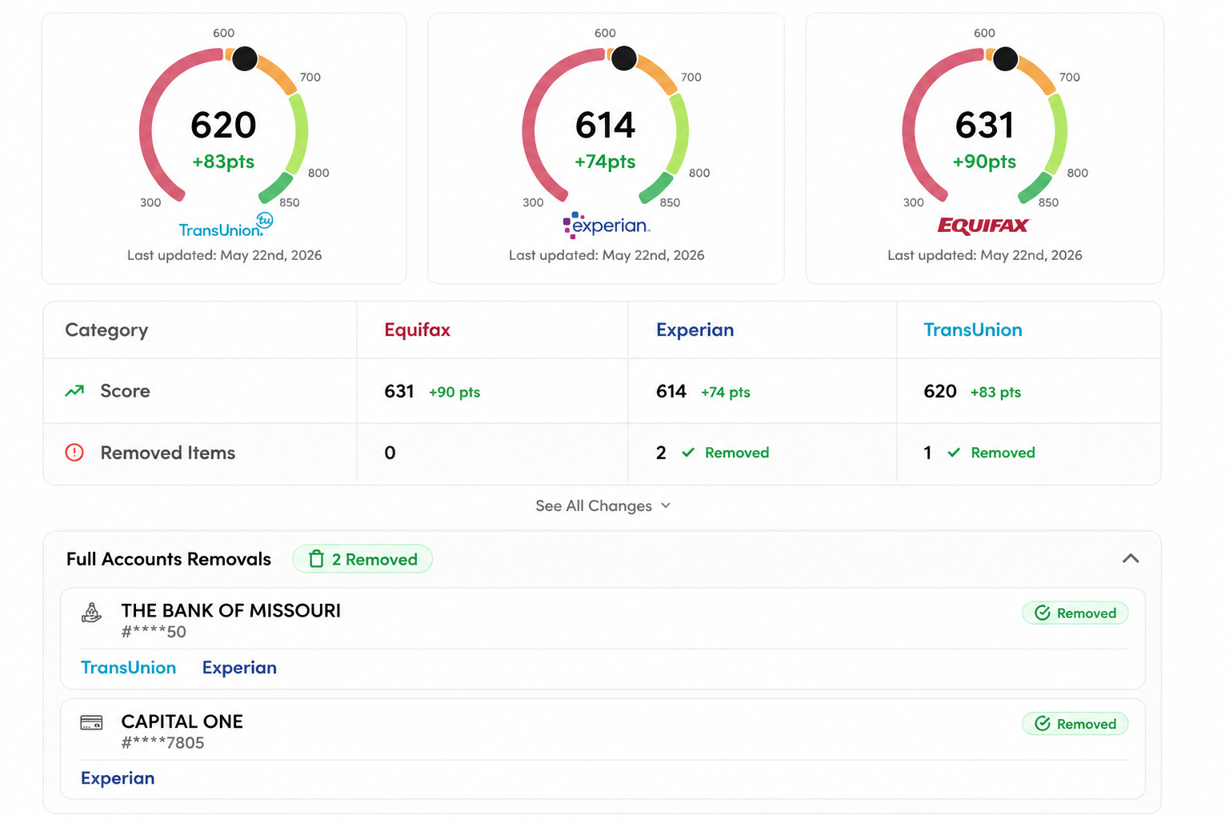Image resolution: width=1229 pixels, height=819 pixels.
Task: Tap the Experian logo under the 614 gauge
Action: coord(606,226)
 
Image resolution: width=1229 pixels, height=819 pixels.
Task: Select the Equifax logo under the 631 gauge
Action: coord(983,226)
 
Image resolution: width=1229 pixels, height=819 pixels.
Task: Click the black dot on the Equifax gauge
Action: coord(1005,58)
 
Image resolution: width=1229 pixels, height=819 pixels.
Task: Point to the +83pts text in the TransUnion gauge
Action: coord(223,162)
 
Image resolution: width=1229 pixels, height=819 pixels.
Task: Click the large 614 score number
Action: coord(605,125)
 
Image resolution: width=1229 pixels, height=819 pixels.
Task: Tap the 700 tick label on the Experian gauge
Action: coord(691,78)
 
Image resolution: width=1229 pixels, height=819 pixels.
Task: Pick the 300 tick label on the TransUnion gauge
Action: coord(150,202)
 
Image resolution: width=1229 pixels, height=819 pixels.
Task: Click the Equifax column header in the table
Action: coord(417,330)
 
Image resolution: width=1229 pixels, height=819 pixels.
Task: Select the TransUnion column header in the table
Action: coord(973,330)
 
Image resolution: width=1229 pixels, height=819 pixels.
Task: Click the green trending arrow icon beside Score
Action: coord(74,390)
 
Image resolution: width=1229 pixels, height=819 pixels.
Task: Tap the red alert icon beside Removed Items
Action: coord(74,453)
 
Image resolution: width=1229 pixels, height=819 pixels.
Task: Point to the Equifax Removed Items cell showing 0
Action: coord(390,453)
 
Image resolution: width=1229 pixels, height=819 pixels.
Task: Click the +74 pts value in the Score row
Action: coord(726,392)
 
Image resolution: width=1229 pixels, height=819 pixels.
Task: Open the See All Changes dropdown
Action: coord(603,505)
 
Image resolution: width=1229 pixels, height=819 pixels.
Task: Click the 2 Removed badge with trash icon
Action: coord(362,559)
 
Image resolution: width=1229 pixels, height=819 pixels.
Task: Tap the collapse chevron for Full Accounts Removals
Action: coord(1131,558)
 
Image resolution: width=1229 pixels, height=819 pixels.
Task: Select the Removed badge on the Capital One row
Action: coord(1075,724)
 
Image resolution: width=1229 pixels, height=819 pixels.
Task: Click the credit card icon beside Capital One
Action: coord(91,722)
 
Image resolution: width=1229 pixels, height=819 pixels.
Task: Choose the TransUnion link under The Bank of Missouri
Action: coord(128,668)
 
